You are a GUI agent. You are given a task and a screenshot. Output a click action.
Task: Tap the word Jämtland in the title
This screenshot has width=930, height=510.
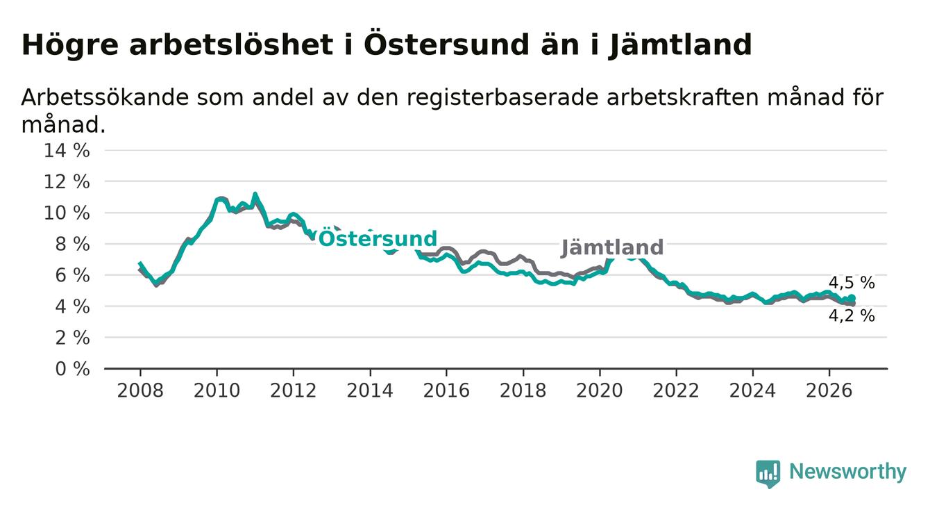pyautogui.click(x=680, y=45)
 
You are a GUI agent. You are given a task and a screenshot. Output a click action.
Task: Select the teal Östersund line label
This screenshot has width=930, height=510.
pyautogui.click(x=378, y=238)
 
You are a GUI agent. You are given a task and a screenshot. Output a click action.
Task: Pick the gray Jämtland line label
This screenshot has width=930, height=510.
pyautogui.click(x=612, y=247)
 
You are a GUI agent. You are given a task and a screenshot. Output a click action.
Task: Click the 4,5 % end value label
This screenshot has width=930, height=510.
pyautogui.click(x=852, y=283)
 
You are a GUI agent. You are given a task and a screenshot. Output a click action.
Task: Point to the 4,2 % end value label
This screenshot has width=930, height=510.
pyautogui.click(x=852, y=316)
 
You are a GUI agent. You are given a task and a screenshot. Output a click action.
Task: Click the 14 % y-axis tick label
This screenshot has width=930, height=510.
pyautogui.click(x=67, y=150)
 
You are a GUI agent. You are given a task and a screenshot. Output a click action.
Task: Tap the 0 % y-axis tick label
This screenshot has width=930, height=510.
pyautogui.click(x=73, y=369)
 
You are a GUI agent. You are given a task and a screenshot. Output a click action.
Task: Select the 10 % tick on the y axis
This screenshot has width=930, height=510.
pyautogui.click(x=67, y=213)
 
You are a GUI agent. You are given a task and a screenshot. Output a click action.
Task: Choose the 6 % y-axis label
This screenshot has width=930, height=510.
pyautogui.click(x=73, y=275)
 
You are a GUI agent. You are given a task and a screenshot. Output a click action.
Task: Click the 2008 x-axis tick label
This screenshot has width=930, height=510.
pyautogui.click(x=140, y=390)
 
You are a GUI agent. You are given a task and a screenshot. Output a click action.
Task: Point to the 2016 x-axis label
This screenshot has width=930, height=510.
pyautogui.click(x=446, y=390)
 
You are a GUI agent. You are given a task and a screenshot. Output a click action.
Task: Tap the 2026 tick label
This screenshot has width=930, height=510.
pyautogui.click(x=829, y=390)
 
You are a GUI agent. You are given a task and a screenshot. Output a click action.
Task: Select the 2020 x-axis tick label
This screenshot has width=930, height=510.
pyautogui.click(x=600, y=390)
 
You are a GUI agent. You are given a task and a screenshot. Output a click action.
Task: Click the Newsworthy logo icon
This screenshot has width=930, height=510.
pyautogui.click(x=768, y=474)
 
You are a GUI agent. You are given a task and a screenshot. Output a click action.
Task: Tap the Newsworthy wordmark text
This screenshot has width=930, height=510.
pyautogui.click(x=848, y=472)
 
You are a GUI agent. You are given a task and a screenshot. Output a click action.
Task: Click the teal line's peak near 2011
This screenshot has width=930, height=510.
pyautogui.click(x=255, y=194)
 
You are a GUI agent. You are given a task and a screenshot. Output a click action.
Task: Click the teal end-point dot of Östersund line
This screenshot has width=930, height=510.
pyautogui.click(x=852, y=297)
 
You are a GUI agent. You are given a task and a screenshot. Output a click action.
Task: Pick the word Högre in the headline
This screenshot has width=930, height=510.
pyautogui.click(x=70, y=45)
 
